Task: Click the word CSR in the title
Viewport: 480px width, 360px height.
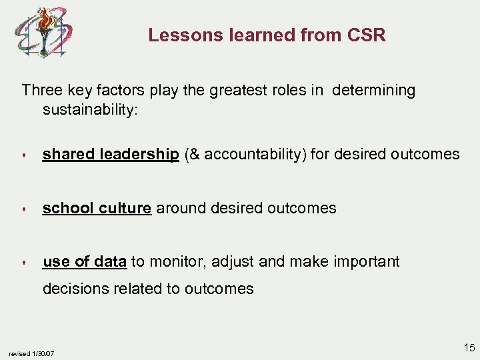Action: click(x=366, y=35)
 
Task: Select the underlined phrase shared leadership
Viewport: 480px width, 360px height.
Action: click(x=111, y=155)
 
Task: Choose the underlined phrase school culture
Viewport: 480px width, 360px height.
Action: click(x=97, y=208)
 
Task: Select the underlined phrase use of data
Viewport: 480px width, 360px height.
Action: click(x=85, y=262)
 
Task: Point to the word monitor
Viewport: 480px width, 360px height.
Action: click(x=177, y=262)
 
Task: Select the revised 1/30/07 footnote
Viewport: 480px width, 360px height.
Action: click(x=31, y=353)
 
